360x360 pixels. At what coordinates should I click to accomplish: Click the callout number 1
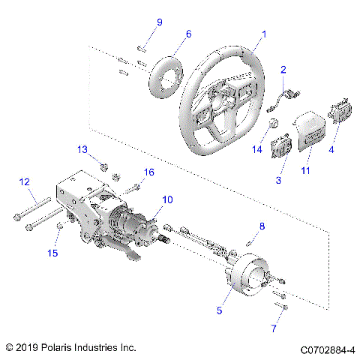point(263,34)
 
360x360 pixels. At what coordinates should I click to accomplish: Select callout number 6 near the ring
point(188,34)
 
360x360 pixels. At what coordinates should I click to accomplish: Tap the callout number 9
point(158,22)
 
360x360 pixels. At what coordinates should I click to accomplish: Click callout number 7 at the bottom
point(274,328)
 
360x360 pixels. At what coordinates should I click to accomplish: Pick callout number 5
point(219,310)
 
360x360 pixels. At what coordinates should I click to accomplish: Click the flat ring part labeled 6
point(167,73)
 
